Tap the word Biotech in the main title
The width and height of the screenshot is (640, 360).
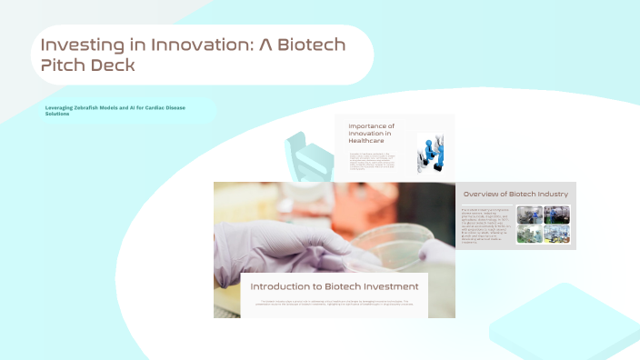tap(309, 45)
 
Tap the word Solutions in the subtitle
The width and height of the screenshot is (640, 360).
tap(57, 115)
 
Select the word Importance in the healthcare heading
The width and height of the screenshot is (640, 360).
tap(371, 126)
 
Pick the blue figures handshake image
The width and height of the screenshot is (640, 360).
tap(430, 153)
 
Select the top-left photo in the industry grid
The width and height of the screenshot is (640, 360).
tap(530, 215)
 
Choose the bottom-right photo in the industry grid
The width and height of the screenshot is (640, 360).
tap(555, 234)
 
